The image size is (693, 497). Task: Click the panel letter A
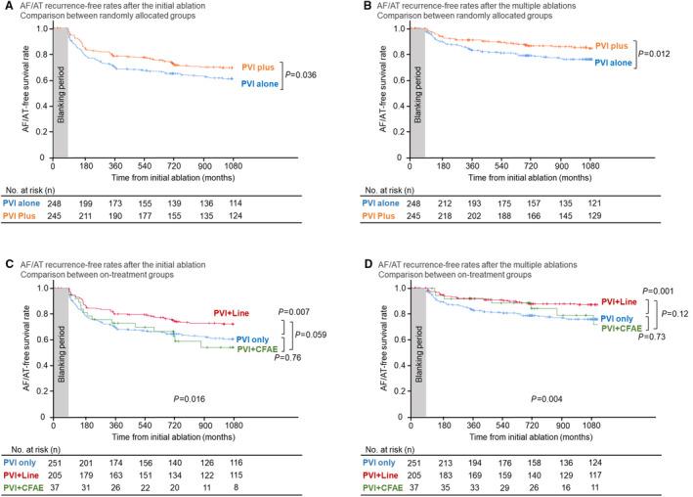(x=7, y=7)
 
